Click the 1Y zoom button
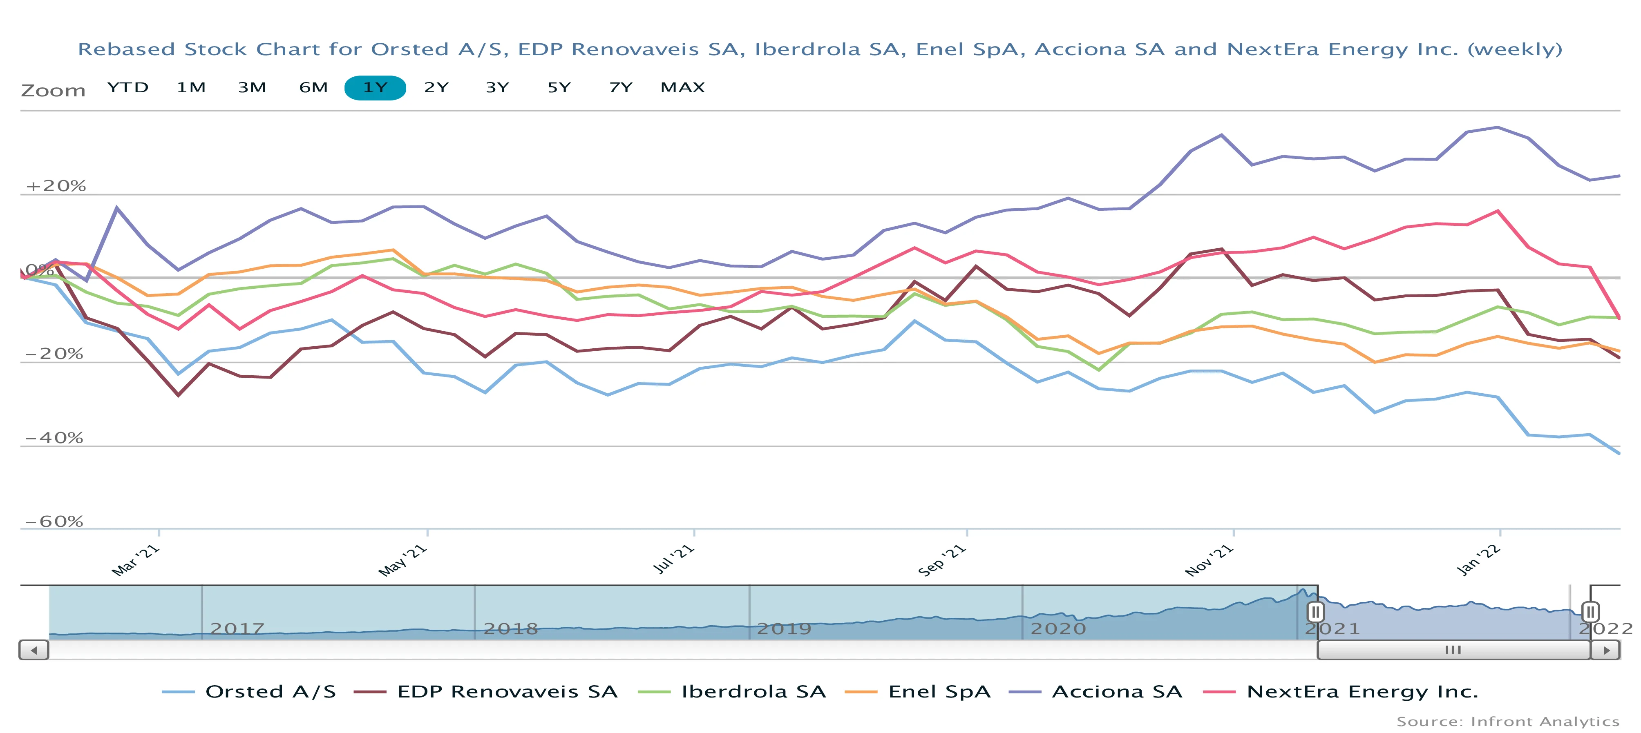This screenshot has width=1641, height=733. click(x=375, y=88)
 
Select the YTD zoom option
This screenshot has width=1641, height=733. click(x=127, y=88)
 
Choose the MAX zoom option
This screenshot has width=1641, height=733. click(x=682, y=88)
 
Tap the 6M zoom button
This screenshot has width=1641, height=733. click(x=313, y=88)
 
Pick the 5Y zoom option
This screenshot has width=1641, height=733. click(x=559, y=88)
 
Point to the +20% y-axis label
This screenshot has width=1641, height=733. click(x=56, y=186)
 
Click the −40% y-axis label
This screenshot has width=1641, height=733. click(x=54, y=438)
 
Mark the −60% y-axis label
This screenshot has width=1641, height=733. click(x=54, y=521)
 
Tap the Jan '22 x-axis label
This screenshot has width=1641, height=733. click(x=1478, y=560)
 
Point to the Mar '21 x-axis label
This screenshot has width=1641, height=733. click(x=135, y=560)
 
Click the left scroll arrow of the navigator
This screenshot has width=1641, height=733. click(x=34, y=650)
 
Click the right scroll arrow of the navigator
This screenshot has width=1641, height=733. click(x=1606, y=650)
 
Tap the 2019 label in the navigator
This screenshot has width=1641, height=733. click(x=784, y=629)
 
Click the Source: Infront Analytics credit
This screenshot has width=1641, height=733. click(x=1507, y=722)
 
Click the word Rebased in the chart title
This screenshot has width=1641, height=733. click(x=126, y=50)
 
